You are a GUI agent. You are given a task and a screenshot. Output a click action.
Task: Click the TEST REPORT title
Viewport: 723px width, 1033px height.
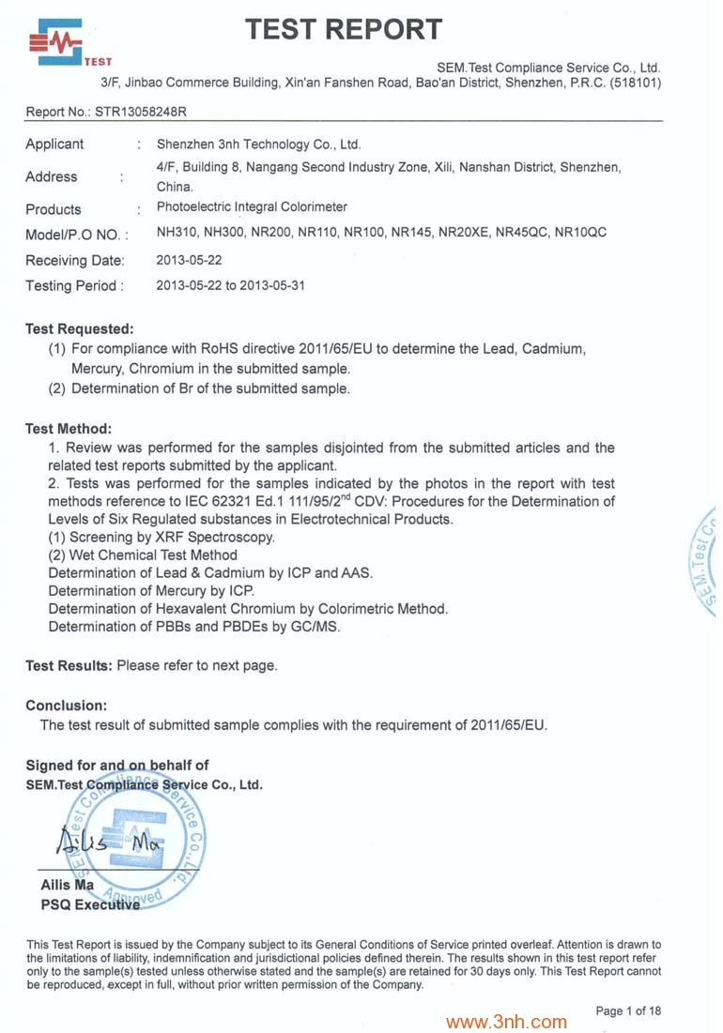(x=343, y=30)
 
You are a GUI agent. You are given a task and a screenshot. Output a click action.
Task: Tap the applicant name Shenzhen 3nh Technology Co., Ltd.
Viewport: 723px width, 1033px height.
(x=258, y=144)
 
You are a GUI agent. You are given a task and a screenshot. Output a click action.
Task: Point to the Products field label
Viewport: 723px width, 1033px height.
(x=53, y=209)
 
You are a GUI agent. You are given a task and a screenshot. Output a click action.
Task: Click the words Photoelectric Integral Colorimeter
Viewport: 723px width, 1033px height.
(x=252, y=207)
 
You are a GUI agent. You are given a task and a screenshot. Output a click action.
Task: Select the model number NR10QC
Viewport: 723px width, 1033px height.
(x=580, y=232)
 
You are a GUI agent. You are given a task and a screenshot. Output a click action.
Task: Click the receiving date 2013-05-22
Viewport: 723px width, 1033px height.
(x=189, y=260)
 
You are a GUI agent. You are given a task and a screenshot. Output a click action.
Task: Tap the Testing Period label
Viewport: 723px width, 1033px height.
(x=74, y=285)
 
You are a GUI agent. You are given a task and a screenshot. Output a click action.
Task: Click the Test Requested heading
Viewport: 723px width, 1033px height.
(x=80, y=328)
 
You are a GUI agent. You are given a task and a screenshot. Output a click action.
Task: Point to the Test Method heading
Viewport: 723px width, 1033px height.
(x=69, y=429)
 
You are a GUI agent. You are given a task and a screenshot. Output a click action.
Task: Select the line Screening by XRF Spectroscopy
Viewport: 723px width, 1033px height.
(x=162, y=538)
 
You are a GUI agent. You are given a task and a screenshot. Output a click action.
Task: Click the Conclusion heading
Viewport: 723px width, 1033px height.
(x=66, y=705)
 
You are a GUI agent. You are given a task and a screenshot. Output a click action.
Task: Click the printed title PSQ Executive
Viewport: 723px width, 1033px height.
(x=90, y=904)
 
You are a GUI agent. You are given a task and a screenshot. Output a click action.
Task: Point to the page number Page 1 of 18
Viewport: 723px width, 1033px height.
(x=628, y=1010)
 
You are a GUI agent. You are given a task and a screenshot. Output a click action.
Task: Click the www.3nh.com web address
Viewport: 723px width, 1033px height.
(x=506, y=1022)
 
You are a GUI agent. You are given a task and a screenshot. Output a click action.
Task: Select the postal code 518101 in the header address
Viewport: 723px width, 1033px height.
(x=635, y=83)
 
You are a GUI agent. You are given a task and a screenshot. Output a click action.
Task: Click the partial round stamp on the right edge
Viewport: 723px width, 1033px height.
(x=704, y=563)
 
